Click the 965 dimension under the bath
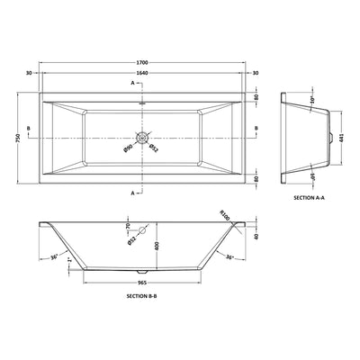click(x=143, y=283)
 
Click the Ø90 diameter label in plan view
click(x=128, y=146)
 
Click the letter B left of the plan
click(x=30, y=130)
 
